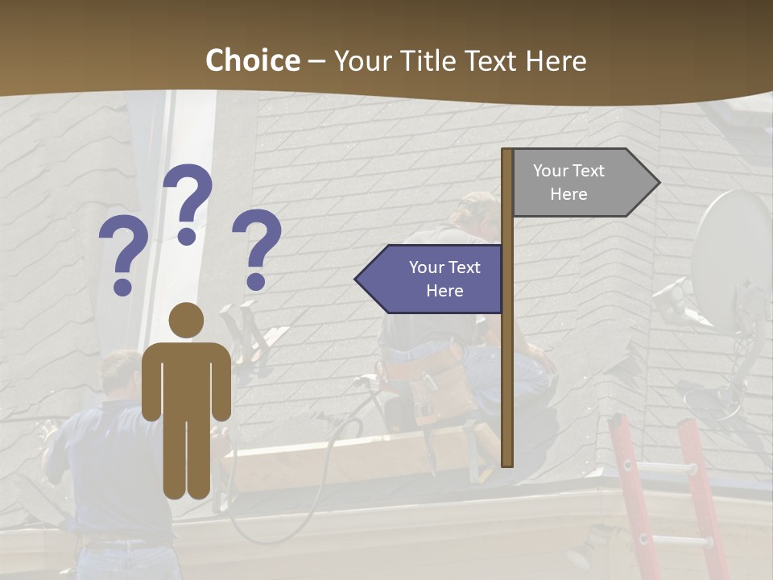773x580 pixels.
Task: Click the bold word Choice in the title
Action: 252,61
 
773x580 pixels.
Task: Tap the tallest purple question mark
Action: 188,201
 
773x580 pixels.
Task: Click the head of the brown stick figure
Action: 186,321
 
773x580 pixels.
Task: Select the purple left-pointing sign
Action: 435,279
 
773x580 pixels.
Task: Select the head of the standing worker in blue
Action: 121,371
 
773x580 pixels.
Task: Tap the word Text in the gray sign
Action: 589,171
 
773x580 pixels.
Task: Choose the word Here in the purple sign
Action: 444,291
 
